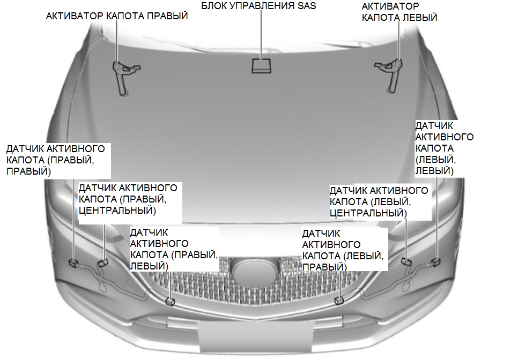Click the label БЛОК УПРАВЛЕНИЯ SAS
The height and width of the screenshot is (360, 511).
coord(258,6)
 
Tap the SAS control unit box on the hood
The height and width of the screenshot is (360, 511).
coord(261,66)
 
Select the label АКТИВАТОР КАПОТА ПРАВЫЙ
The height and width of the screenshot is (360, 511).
coord(117,16)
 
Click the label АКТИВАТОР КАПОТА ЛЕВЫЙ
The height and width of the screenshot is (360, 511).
coord(399,12)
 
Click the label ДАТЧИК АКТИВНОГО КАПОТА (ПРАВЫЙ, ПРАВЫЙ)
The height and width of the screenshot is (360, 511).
coord(55,160)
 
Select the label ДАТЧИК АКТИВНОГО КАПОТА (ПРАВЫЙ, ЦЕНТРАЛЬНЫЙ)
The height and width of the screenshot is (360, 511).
coord(128,199)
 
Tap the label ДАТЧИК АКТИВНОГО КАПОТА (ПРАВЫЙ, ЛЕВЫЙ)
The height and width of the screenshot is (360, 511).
coord(174,249)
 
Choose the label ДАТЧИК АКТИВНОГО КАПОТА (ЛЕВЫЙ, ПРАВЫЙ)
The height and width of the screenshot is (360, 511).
coord(343,250)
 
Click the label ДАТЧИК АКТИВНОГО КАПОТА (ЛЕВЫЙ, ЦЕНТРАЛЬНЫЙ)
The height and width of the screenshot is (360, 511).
coord(379,201)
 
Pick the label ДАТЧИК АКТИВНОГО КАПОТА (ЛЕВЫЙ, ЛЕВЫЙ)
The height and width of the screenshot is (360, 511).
coord(444,147)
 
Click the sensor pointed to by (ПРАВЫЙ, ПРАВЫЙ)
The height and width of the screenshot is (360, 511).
coord(73,262)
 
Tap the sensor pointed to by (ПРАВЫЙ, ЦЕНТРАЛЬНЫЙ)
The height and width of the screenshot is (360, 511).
coord(102,262)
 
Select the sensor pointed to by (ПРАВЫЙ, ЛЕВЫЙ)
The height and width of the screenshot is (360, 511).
coord(170,301)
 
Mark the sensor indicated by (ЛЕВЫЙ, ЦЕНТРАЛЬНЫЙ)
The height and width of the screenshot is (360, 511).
coord(406,261)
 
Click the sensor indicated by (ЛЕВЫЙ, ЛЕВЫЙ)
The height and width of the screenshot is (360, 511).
coord(437,261)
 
